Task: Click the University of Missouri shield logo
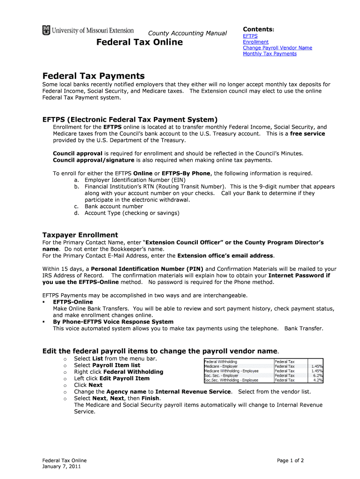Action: (46, 30)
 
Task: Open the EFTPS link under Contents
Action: (250, 36)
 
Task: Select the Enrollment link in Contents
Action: (256, 42)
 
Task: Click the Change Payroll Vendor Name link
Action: (277, 48)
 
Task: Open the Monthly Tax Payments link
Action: (269, 54)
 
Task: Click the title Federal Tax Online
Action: (139, 43)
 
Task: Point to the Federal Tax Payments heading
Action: (94, 76)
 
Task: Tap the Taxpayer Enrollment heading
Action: (80, 235)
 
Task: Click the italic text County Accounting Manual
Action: (187, 33)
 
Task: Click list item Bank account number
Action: (114, 206)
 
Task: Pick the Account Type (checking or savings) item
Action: (132, 213)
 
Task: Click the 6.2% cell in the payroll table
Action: (318, 376)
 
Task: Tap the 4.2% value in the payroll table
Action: (318, 380)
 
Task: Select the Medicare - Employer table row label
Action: (221, 366)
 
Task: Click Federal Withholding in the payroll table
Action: (221, 362)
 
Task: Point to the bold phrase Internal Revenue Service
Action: (193, 392)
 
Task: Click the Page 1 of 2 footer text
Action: (290, 460)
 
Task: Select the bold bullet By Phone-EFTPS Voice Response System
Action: (113, 322)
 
